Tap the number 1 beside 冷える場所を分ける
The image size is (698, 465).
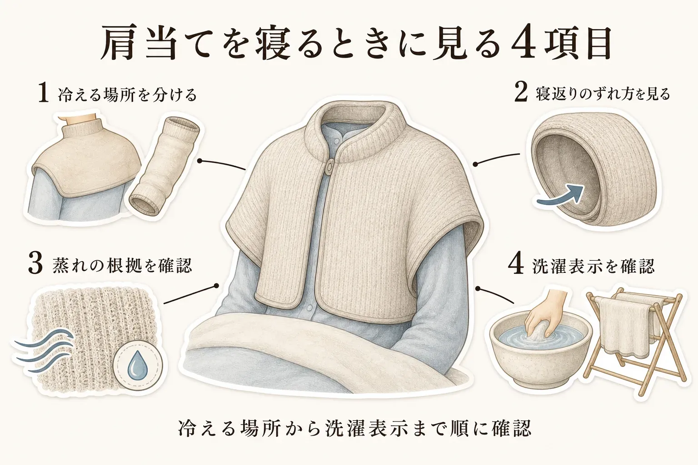pos(43,94)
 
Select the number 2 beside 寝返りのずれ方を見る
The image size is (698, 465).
pos(521,93)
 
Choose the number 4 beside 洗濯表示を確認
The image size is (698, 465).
pos(516,265)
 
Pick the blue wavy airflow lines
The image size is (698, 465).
pos(44,351)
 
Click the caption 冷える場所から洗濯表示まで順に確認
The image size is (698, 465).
pos(354,429)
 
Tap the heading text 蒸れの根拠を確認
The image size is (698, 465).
pos(122,265)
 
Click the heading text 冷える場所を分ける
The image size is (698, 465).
pos(128,94)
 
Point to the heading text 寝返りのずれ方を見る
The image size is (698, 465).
pos(603,94)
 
